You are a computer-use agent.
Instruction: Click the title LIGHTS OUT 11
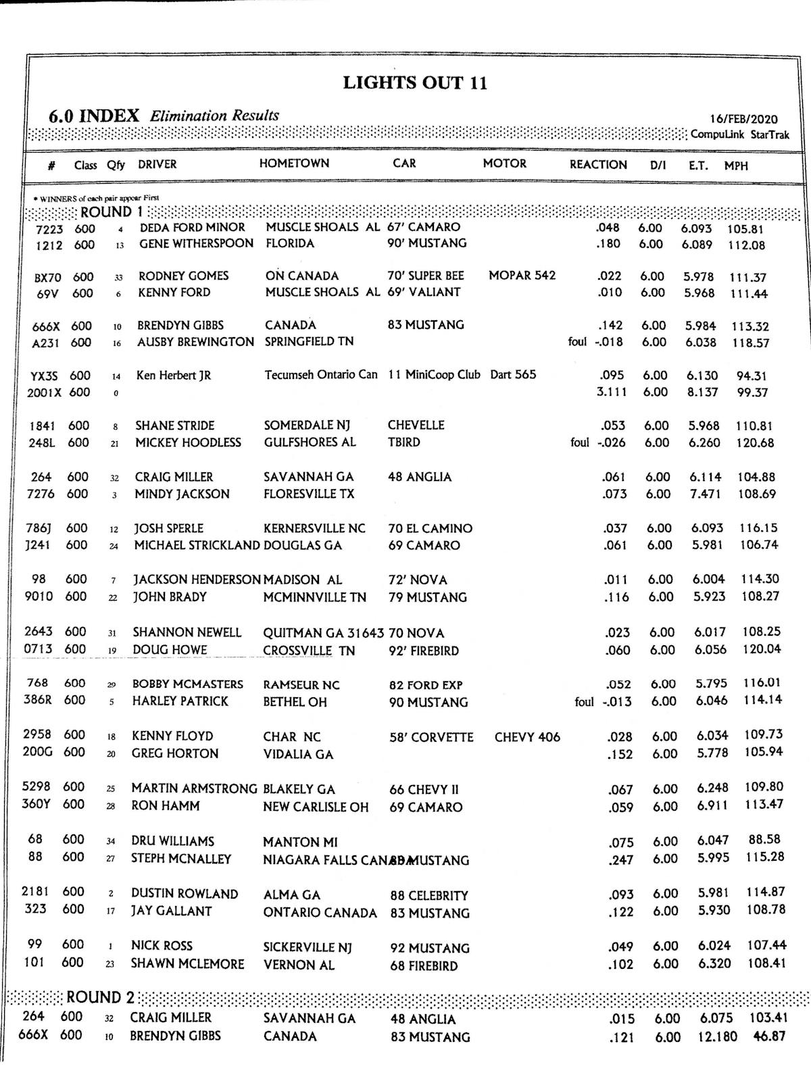click(x=415, y=83)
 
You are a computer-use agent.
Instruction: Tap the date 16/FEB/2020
click(x=743, y=119)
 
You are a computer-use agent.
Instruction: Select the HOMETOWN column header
click(x=294, y=164)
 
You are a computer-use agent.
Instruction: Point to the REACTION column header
click(x=598, y=164)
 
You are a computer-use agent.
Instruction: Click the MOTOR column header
click(x=504, y=164)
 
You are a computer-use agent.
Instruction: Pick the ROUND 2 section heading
click(x=100, y=997)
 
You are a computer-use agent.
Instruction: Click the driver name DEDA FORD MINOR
click(x=192, y=228)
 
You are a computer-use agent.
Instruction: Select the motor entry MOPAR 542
click(x=522, y=276)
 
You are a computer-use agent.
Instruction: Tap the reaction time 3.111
click(x=612, y=392)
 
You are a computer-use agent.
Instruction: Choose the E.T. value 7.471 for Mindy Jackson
click(x=705, y=494)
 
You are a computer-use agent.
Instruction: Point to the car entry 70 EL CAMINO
click(x=430, y=528)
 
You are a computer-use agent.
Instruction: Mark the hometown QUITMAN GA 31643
click(x=323, y=633)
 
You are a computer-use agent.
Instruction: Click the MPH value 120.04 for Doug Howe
click(x=762, y=649)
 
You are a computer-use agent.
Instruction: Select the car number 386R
click(x=37, y=701)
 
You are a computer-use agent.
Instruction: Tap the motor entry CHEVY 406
click(x=527, y=737)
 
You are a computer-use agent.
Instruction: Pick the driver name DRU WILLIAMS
click(x=172, y=841)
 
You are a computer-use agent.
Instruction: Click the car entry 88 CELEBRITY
click(x=429, y=895)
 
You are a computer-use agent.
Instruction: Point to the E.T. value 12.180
click(x=717, y=1036)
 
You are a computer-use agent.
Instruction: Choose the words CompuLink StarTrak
click(x=739, y=134)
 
